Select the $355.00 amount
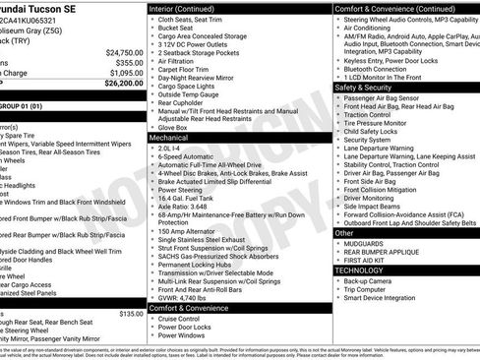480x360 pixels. point(129,62)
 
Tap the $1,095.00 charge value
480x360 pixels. point(125,73)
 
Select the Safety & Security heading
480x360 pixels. point(364,88)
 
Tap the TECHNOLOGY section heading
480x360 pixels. point(358,270)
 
